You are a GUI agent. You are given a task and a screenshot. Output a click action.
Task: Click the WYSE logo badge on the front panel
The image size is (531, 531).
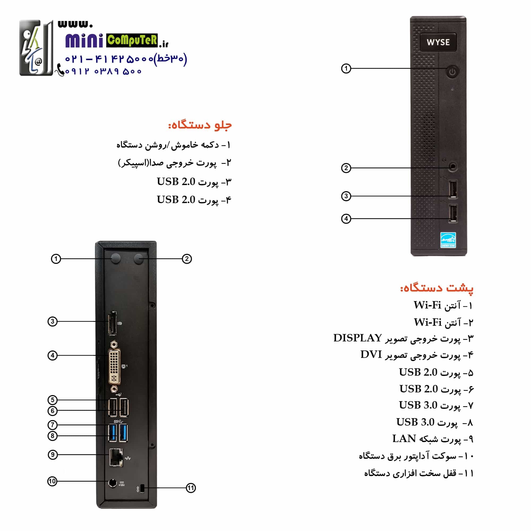click(438, 42)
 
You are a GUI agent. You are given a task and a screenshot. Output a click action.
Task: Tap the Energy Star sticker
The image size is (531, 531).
click(448, 240)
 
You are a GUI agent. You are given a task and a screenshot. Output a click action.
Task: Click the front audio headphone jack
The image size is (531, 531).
click(453, 166)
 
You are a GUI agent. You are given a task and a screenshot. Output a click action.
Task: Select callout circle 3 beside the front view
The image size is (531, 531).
click(346, 196)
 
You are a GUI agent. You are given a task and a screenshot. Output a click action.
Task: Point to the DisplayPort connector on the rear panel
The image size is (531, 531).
click(112, 323)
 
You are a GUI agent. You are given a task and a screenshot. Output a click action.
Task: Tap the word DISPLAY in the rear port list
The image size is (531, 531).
click(358, 338)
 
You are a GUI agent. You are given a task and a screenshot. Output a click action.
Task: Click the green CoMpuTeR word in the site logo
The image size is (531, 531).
click(132, 40)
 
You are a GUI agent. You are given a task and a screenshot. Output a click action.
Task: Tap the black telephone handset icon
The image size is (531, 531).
click(60, 70)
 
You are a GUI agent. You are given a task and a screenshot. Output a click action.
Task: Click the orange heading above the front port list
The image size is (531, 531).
click(200, 125)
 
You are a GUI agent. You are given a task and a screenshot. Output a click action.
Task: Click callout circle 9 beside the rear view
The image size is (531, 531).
click(53, 455)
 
